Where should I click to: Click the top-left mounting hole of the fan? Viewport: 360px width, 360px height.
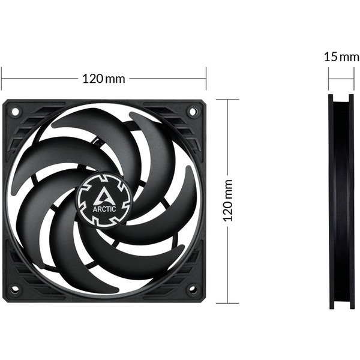coord(16,111)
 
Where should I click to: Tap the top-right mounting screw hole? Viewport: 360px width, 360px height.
coord(193,111)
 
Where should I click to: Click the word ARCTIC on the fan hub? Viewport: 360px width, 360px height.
coord(104,209)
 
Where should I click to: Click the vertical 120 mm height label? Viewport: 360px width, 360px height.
coord(227,200)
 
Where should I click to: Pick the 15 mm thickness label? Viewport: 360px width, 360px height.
coord(338,57)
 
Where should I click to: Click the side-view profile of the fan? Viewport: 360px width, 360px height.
coord(340,201)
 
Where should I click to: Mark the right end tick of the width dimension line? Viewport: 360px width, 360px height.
coord(206,78)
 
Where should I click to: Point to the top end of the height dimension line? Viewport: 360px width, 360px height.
coord(227,100)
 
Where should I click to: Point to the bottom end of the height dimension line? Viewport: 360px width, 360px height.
coord(227,302)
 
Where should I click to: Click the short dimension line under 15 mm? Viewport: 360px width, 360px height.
coord(340,78)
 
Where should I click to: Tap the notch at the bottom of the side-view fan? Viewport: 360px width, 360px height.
coord(340,305)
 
